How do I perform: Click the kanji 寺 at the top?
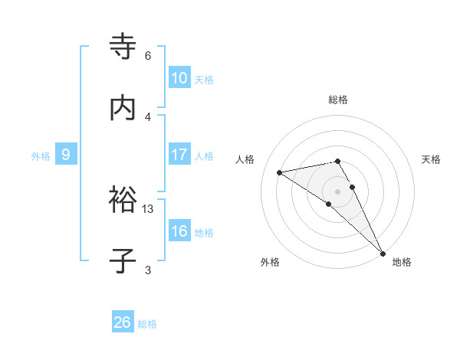pyautogui.click(x=123, y=46)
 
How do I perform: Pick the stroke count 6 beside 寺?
pyautogui.click(x=148, y=56)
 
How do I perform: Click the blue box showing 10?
pyautogui.click(x=179, y=78)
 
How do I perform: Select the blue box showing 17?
pyautogui.click(x=179, y=155)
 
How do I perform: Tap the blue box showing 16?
pyautogui.click(x=179, y=231)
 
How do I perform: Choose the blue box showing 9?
pyautogui.click(x=66, y=155)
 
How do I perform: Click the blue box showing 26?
pyautogui.click(x=123, y=322)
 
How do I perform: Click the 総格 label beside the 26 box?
pyautogui.click(x=147, y=324)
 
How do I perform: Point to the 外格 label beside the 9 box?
pyautogui.click(x=41, y=156)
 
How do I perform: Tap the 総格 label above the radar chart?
pyautogui.click(x=338, y=100)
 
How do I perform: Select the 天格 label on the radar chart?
pyautogui.click(x=432, y=159)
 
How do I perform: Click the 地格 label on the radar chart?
pyautogui.click(x=402, y=263)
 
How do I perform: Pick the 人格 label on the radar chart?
pyautogui.click(x=246, y=159)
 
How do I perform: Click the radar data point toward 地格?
pyautogui.click(x=383, y=253)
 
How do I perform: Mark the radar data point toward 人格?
pyautogui.click(x=280, y=172)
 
